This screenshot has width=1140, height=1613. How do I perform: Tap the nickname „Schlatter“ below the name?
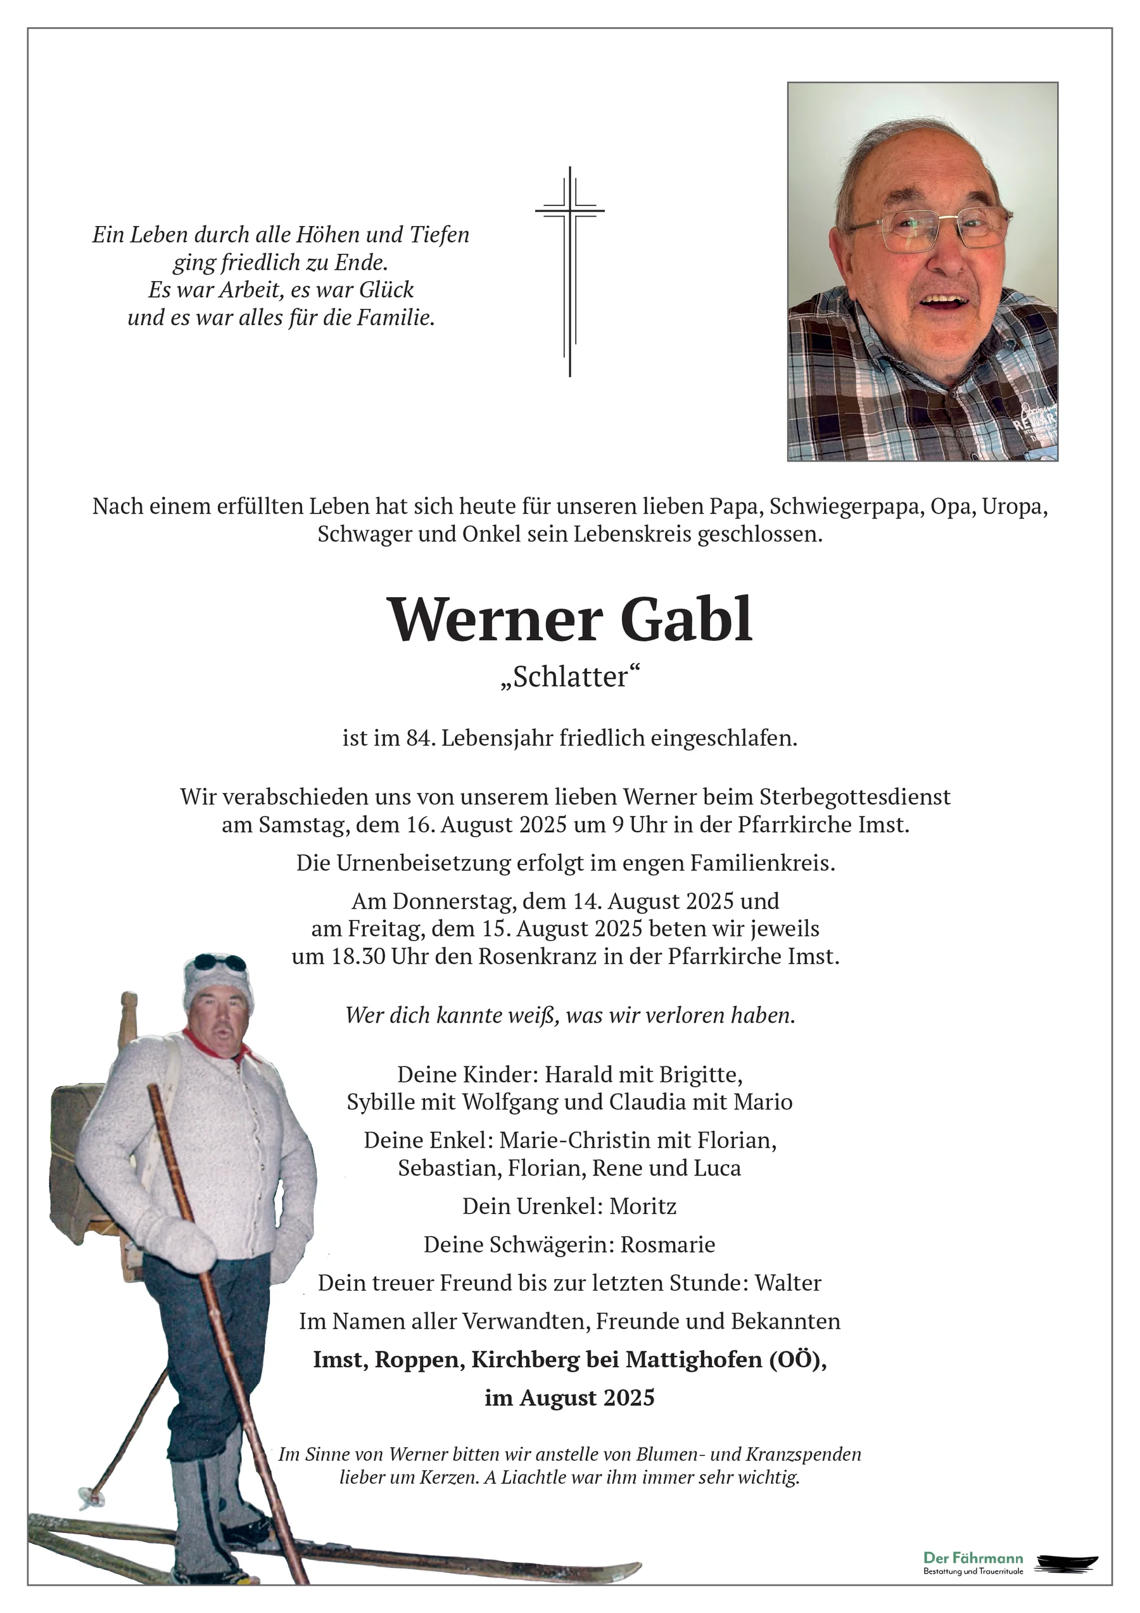tap(571, 677)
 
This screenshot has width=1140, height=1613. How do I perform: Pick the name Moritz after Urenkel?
tap(643, 1206)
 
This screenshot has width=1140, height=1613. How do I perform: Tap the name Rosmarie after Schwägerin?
tap(668, 1244)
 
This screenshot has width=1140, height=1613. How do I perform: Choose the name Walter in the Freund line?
tap(788, 1283)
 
